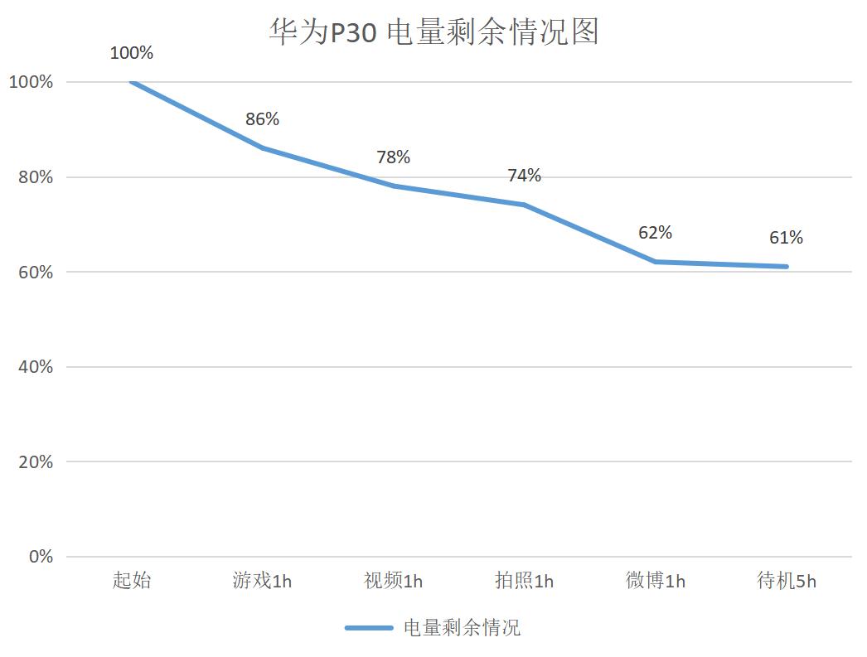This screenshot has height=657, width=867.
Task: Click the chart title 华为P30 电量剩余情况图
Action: pos(433,32)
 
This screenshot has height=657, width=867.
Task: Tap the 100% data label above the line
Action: pos(132,53)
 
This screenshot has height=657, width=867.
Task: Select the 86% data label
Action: pos(263,119)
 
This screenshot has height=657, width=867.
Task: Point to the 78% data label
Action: pos(394,157)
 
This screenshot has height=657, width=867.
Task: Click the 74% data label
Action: pos(525,176)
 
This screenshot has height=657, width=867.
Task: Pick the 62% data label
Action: pos(655,233)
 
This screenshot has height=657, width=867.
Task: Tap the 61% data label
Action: pos(786,238)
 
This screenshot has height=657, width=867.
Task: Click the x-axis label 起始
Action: pos(132,580)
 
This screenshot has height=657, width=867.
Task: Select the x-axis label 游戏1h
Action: pos(263,580)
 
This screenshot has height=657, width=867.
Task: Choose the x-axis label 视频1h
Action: pos(394,580)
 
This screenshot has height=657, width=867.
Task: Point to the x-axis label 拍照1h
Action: pos(525,580)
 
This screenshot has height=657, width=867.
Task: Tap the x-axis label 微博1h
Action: pos(656,580)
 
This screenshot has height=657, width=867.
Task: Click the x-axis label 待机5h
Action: pos(787,580)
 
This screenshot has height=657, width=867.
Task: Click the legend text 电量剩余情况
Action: pos(462,628)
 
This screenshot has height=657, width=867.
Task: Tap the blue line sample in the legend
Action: pos(369,628)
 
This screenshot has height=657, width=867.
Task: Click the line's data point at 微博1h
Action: pos(655,262)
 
